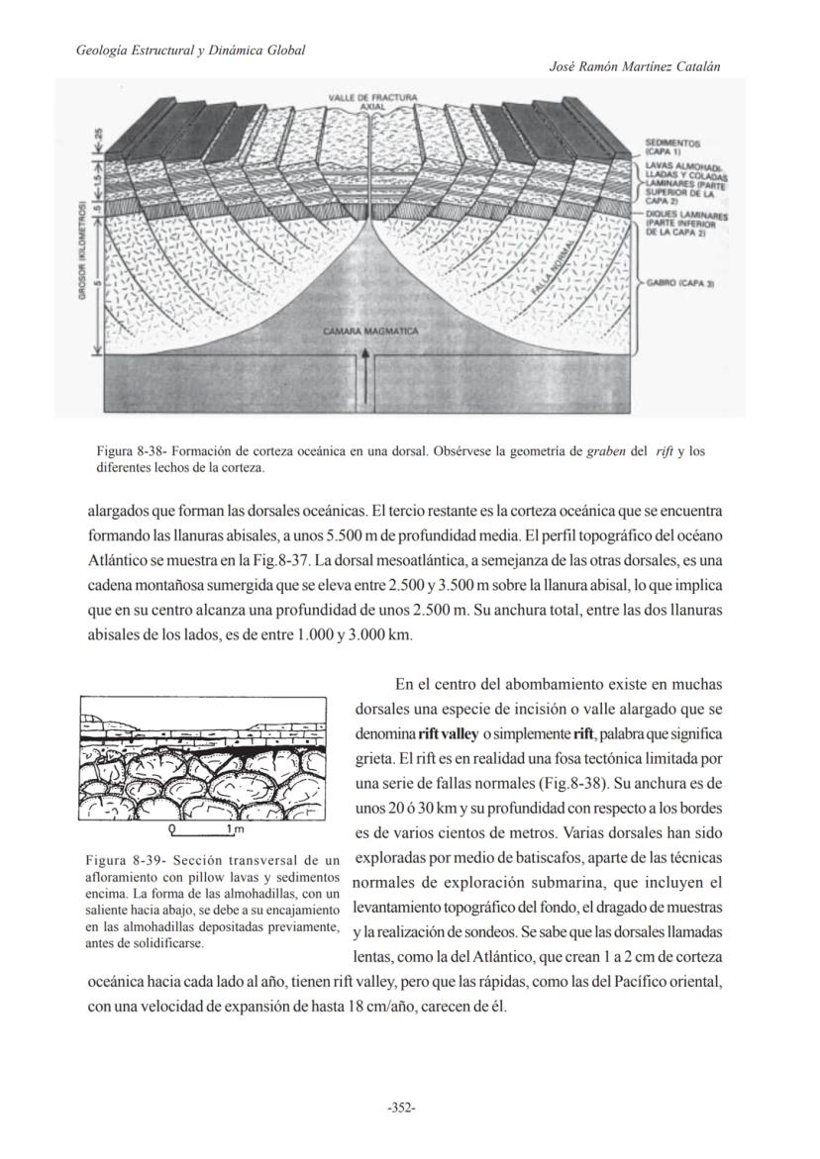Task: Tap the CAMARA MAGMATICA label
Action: tap(371, 331)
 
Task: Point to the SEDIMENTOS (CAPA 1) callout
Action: tap(671, 146)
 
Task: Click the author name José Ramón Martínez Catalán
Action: tap(633, 66)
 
